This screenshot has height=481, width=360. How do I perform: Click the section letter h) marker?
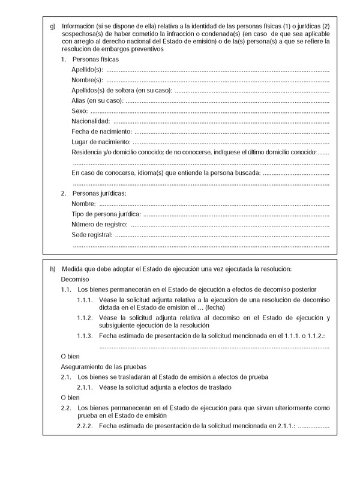coord(52,268)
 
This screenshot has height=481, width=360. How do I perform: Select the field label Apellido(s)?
coord(88,70)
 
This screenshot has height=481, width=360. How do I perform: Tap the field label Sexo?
coord(80,111)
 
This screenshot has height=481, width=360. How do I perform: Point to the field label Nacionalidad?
coord(91,121)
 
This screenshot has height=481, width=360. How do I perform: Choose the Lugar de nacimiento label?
coord(101,142)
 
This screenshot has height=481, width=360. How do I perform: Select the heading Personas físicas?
coord(95,60)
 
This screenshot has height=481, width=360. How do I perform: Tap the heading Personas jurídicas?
coord(99,193)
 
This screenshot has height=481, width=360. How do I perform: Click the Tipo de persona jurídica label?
coord(106,214)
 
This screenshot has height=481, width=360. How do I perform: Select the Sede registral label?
coord(92,234)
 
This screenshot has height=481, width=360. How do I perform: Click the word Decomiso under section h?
coord(75,279)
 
